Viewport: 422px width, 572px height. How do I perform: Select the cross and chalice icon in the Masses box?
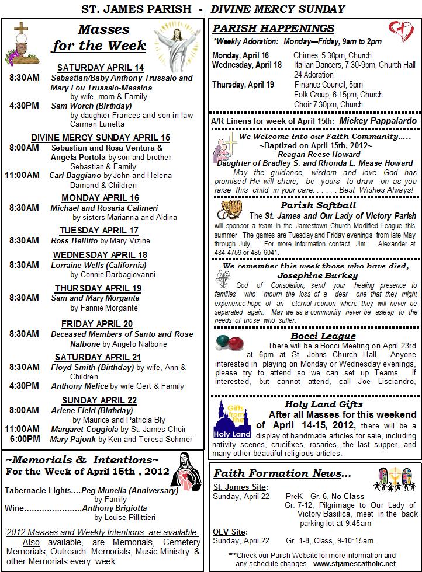coord(22,41)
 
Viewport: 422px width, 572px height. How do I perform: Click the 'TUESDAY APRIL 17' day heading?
coord(99,230)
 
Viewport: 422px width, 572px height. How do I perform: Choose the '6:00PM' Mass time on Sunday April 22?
coord(25,438)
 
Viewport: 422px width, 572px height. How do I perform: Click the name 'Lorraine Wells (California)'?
coord(94,264)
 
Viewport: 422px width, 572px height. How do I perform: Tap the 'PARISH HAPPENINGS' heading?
coord(274,29)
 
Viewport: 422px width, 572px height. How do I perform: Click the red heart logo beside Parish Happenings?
coord(401,30)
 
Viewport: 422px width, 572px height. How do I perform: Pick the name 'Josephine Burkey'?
coord(317,275)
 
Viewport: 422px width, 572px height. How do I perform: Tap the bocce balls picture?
coord(229,343)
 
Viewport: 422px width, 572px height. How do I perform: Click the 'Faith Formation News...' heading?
coord(282,473)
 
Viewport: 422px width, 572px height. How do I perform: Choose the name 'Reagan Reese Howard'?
coord(319,154)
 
